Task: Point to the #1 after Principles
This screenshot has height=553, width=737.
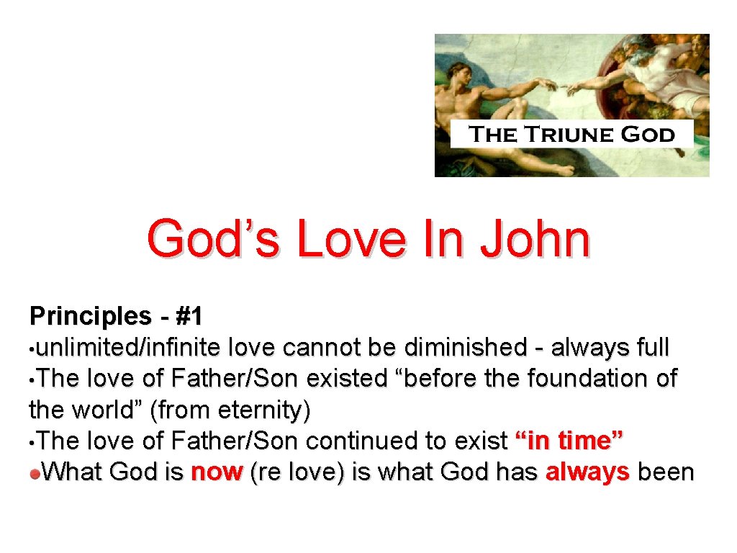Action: pos(189,315)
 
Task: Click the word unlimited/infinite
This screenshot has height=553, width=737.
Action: pos(130,347)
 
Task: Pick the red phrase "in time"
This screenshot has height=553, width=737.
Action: pos(569,441)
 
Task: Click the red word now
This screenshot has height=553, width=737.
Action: pos(216,472)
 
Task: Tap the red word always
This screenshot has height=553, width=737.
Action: pos(587,472)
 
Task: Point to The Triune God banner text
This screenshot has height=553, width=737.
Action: pos(571,135)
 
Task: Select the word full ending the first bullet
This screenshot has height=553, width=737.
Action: pos(653,347)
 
